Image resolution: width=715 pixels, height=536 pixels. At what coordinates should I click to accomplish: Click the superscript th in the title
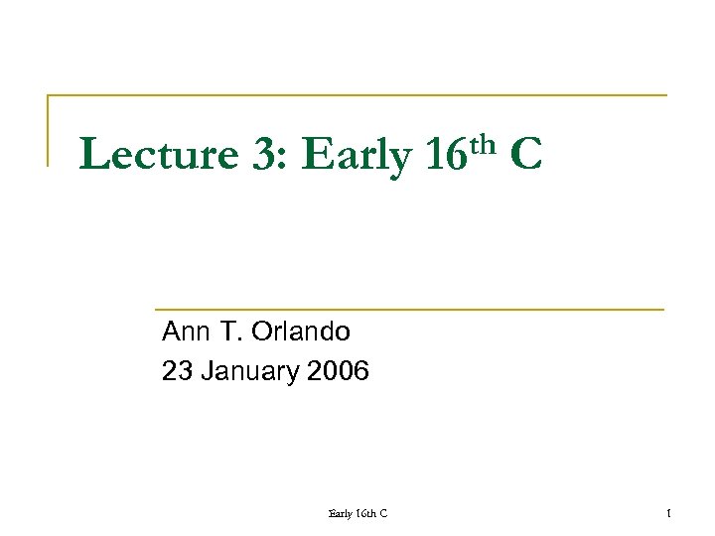tap(483, 145)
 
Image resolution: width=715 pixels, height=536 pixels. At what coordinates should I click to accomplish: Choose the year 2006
tap(338, 372)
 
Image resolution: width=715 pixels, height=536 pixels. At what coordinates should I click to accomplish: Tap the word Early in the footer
tap(341, 512)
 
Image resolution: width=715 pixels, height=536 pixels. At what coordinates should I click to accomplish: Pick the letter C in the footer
tap(383, 512)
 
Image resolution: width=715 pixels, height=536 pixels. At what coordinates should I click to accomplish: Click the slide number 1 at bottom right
tap(669, 512)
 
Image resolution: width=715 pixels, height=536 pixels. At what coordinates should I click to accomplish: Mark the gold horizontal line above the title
tap(357, 96)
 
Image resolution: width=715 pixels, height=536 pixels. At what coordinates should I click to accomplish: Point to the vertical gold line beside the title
tap(49, 129)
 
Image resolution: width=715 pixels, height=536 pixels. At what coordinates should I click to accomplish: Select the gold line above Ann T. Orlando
tap(408, 310)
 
